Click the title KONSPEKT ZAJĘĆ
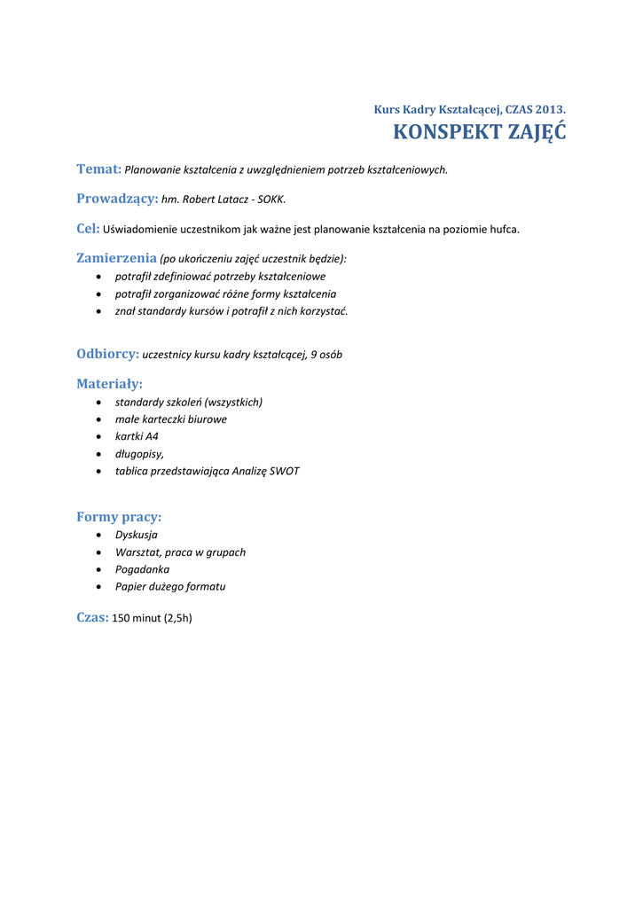479,133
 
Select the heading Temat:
98,168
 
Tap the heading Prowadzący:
117,199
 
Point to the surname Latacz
232,200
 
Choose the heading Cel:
88,228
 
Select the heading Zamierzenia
116,258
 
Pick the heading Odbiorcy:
108,354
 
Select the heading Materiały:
109,384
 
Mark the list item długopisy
139,454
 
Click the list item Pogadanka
142,569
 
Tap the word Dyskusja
137,535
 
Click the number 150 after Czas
121,618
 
